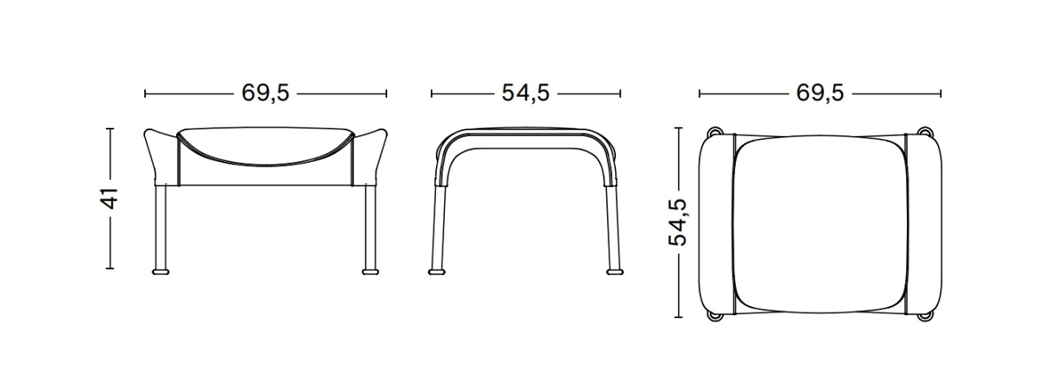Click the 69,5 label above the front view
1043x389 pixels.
(266, 94)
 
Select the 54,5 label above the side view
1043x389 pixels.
(526, 94)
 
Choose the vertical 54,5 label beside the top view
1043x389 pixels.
(678, 222)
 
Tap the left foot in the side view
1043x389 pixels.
(438, 269)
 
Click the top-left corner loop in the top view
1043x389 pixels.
(715, 131)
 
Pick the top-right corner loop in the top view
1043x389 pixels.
(925, 131)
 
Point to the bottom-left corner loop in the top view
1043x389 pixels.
(715, 314)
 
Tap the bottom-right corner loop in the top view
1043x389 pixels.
(925, 314)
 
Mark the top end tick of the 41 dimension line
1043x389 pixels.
(110, 129)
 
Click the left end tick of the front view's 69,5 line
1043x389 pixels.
(145, 94)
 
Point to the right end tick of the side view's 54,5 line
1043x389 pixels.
(621, 94)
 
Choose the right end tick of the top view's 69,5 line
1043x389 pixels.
(941, 94)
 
